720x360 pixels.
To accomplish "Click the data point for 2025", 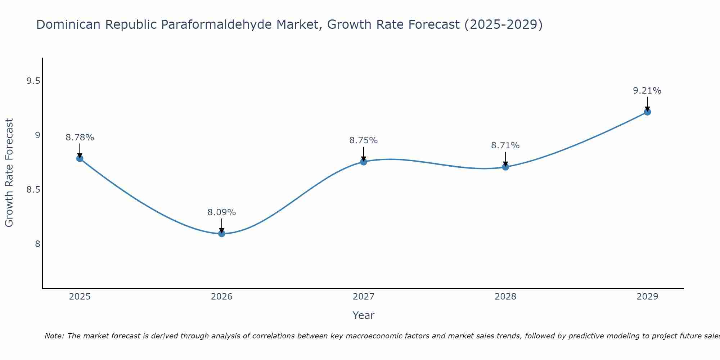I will pyautogui.click(x=80, y=158).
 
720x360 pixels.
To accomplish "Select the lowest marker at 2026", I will pyautogui.click(x=222, y=234).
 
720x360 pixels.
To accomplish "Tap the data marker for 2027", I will pyautogui.click(x=364, y=162).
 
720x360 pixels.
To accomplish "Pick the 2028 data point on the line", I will pyautogui.click(x=505, y=167).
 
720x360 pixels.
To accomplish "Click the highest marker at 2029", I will pyautogui.click(x=647, y=112).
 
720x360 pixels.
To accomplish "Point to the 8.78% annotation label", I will pyautogui.click(x=80, y=138).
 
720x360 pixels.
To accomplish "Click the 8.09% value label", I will pyautogui.click(x=222, y=212).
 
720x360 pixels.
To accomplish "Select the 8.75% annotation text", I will pyautogui.click(x=364, y=140).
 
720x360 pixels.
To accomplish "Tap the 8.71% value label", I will pyautogui.click(x=505, y=145).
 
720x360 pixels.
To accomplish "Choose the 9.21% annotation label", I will pyautogui.click(x=647, y=91).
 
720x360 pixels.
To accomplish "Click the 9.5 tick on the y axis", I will pyautogui.click(x=33, y=81).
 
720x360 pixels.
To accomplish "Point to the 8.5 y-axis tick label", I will pyautogui.click(x=33, y=190).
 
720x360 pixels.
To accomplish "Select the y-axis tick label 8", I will pyautogui.click(x=37, y=244).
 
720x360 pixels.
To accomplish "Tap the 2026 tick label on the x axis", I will pyautogui.click(x=222, y=297).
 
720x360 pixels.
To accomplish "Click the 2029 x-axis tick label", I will pyautogui.click(x=647, y=297).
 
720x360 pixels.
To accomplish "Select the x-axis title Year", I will pyautogui.click(x=364, y=315).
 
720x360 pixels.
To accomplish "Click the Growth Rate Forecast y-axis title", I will pyautogui.click(x=9, y=173).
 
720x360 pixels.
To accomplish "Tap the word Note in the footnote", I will pyautogui.click(x=54, y=336).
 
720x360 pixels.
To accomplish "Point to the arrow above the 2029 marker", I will pyautogui.click(x=647, y=104).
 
